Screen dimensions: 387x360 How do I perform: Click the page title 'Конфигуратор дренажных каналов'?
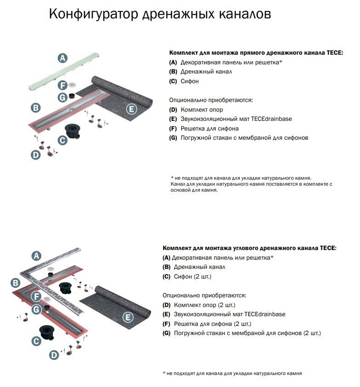pyautogui.click(x=159, y=15)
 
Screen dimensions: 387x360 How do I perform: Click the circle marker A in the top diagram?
pyautogui.click(x=62, y=58)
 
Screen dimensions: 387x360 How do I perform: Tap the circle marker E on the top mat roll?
pyautogui.click(x=131, y=109)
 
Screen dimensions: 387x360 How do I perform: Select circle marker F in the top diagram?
pyautogui.click(x=62, y=85)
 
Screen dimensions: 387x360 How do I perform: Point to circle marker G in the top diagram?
pyautogui.click(x=62, y=97)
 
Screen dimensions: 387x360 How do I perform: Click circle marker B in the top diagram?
pyautogui.click(x=36, y=108)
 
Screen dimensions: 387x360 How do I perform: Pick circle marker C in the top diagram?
pyautogui.click(x=62, y=140)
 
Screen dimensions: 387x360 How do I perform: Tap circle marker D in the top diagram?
pyautogui.click(x=36, y=155)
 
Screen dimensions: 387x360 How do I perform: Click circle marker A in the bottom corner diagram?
pyautogui.click(x=36, y=256)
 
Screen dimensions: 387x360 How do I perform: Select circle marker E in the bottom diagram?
pyautogui.click(x=129, y=318)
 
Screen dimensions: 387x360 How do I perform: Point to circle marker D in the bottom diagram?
pyautogui.click(x=55, y=355)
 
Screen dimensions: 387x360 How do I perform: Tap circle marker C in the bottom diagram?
pyautogui.click(x=36, y=341)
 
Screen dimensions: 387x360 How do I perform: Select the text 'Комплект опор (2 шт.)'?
pyautogui.click(x=204, y=305)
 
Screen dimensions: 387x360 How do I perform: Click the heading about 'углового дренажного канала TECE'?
pyautogui.click(x=249, y=248)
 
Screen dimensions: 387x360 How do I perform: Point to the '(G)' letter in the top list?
pyautogui.click(x=173, y=138)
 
